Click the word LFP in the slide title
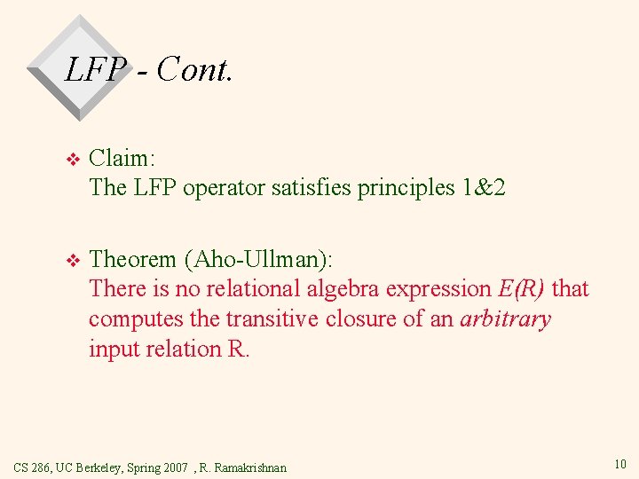click(91, 68)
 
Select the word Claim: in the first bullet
click(122, 159)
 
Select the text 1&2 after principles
click(483, 187)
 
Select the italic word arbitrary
click(505, 319)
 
